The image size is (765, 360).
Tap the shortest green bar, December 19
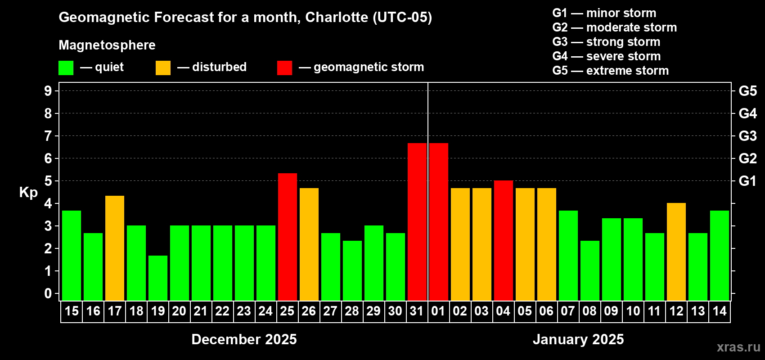[158, 278]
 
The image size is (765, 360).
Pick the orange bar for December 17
[115, 248]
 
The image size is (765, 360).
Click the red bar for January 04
[504, 240]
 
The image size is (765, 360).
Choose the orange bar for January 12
[676, 252]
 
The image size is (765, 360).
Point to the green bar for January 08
[590, 270]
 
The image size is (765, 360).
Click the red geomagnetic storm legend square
[284, 68]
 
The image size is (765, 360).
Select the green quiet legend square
[66, 68]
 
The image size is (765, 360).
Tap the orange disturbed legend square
[163, 68]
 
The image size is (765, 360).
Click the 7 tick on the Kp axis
[48, 136]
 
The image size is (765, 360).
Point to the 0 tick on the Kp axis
[48, 293]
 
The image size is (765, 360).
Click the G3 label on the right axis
[747, 136]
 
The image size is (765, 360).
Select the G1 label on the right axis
[747, 181]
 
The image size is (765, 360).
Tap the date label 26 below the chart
[309, 311]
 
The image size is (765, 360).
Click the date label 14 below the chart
[720, 311]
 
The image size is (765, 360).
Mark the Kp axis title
[28, 192]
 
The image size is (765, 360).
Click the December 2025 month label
[244, 339]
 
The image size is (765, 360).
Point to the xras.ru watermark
[738, 347]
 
